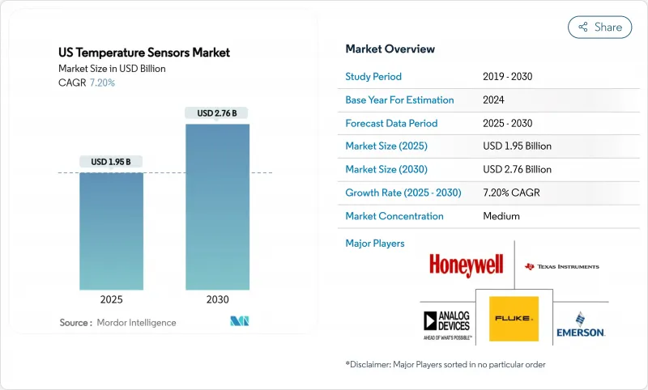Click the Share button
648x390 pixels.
click(600, 27)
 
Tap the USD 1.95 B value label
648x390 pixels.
click(111, 162)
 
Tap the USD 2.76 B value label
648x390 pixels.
click(217, 113)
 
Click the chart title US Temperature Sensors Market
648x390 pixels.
click(144, 53)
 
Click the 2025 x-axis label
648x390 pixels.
click(111, 299)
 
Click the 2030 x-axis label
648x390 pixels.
click(217, 299)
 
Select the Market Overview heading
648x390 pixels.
click(390, 49)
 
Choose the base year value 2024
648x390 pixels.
click(494, 100)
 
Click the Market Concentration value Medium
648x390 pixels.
click(501, 217)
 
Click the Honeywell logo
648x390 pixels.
click(466, 265)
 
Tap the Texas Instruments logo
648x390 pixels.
click(561, 266)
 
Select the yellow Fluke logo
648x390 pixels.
click(514, 318)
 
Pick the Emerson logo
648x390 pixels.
click(581, 324)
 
